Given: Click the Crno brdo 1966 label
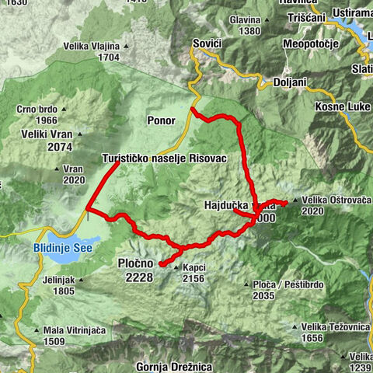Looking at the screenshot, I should pos(37,115).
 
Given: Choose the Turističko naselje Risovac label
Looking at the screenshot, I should pos(164,158).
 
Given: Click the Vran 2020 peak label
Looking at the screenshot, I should pos(73,174).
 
